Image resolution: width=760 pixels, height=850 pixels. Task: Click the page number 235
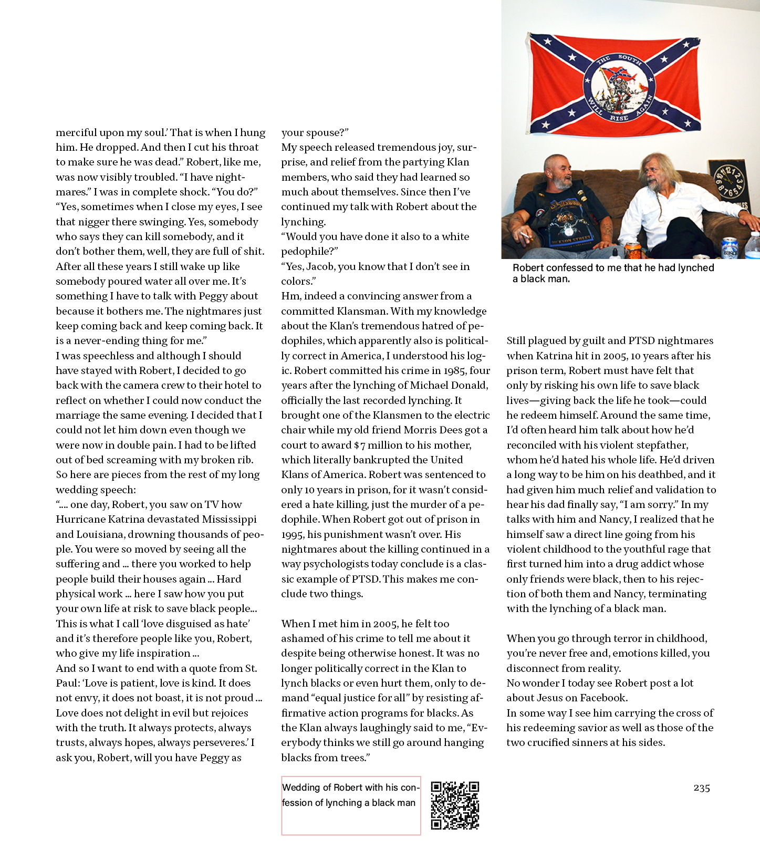tap(702, 788)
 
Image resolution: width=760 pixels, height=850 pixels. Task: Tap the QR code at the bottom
tap(455, 805)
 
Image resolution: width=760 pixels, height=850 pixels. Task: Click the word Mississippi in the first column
tap(228, 520)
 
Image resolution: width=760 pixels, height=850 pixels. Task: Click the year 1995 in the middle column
tap(293, 535)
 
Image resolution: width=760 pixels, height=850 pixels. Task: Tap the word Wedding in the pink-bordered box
tap(301, 787)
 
